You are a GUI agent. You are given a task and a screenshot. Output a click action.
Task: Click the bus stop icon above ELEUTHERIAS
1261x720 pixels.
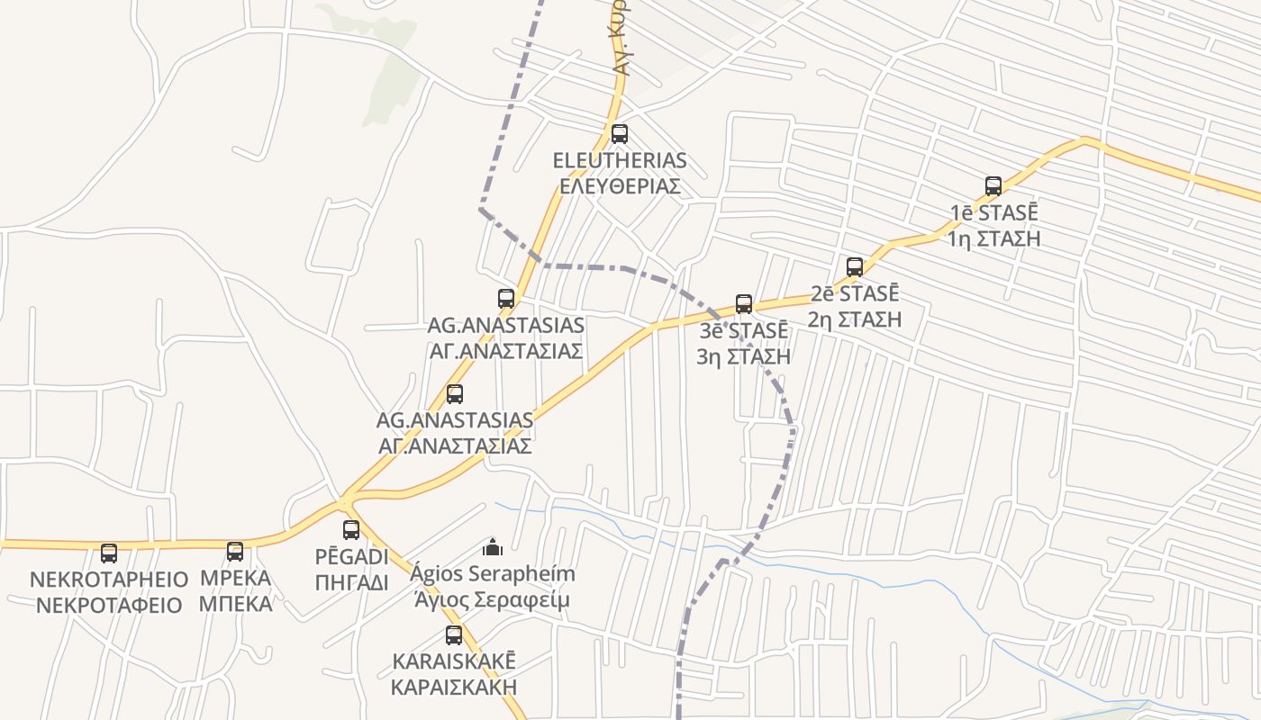pyautogui.click(x=620, y=134)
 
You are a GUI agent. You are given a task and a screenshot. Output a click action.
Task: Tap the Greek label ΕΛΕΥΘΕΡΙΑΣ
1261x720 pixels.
pyautogui.click(x=620, y=186)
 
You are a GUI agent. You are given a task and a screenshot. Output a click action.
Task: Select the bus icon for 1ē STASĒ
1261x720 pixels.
pyautogui.click(x=993, y=186)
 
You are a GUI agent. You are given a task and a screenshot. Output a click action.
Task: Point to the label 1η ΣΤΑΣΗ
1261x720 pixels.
pyautogui.click(x=994, y=238)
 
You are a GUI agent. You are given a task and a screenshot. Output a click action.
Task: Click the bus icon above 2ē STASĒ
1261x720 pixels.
pyautogui.click(x=855, y=266)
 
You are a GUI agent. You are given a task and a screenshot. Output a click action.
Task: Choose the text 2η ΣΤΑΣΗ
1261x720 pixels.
pyautogui.click(x=855, y=319)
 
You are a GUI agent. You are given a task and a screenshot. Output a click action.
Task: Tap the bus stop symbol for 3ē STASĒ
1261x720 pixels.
pyautogui.click(x=744, y=303)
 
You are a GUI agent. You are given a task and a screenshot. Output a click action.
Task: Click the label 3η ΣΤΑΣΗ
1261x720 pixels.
pyautogui.click(x=744, y=355)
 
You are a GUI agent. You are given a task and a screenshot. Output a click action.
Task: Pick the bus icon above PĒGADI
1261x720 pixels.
pyautogui.click(x=351, y=530)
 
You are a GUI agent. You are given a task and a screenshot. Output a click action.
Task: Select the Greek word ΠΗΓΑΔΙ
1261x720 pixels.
pyautogui.click(x=352, y=582)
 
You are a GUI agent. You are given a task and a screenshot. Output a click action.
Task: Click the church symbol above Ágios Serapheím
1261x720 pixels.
pyautogui.click(x=493, y=546)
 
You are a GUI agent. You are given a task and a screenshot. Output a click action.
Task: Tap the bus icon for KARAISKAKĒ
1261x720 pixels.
pyautogui.click(x=454, y=635)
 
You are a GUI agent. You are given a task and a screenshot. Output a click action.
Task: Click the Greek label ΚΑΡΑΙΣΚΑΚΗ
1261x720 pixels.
pyautogui.click(x=454, y=687)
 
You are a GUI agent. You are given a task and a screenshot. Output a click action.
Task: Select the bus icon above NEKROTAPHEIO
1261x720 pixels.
pyautogui.click(x=109, y=553)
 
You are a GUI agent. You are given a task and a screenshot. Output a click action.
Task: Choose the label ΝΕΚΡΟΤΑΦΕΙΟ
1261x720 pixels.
pyautogui.click(x=109, y=604)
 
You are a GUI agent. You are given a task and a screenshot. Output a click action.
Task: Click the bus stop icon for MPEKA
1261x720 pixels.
pyautogui.click(x=235, y=552)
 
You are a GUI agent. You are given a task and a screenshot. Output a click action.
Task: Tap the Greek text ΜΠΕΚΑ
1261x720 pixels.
pyautogui.click(x=235, y=603)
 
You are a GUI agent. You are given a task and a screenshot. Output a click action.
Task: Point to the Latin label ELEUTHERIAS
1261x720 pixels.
pyautogui.click(x=620, y=161)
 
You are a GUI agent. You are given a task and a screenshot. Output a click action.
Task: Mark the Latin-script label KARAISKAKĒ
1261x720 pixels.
pyautogui.click(x=454, y=661)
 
